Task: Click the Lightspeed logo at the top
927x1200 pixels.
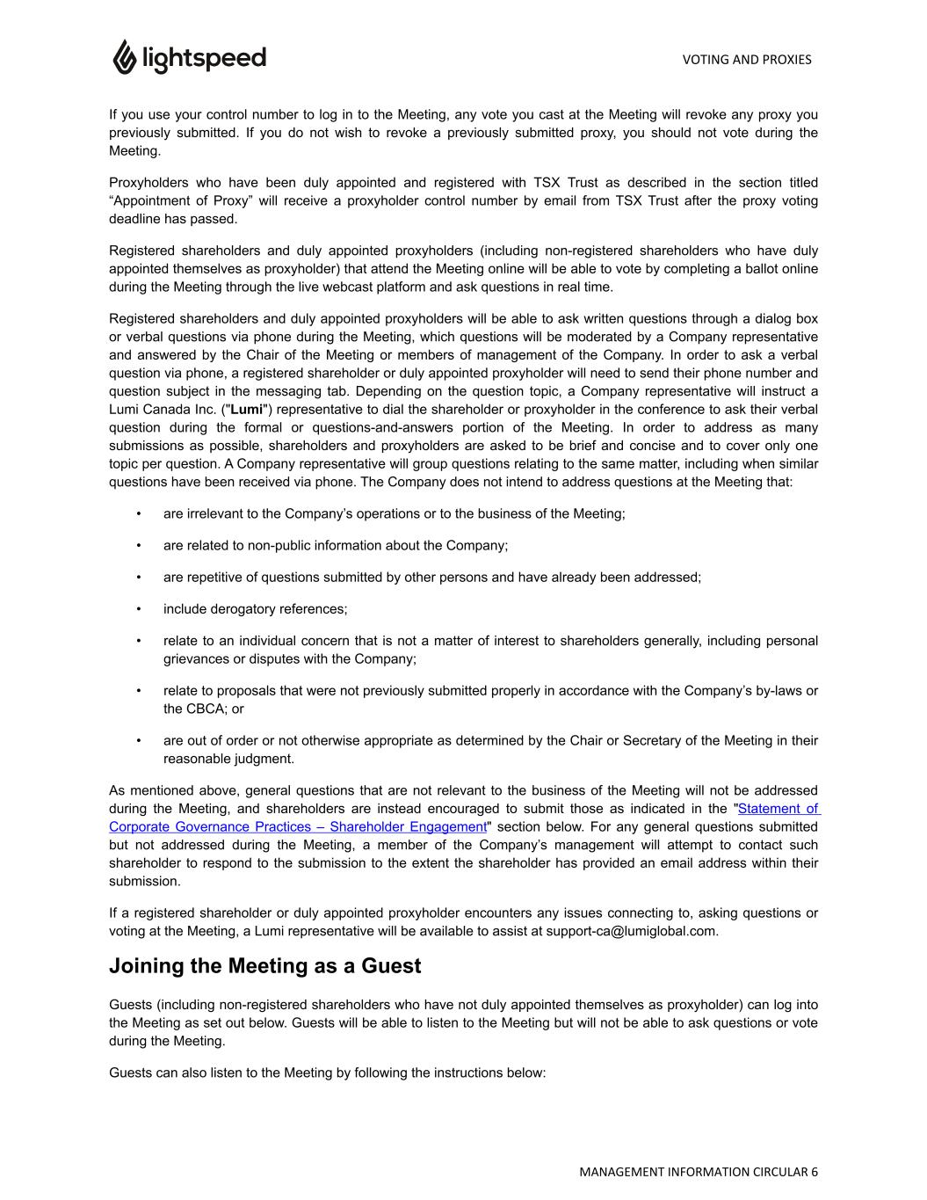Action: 189,58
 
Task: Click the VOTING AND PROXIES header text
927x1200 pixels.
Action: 746,60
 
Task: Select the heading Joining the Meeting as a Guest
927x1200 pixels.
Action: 264,965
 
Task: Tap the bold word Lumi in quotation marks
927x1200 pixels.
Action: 247,409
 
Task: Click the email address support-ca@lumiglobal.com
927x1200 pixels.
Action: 631,931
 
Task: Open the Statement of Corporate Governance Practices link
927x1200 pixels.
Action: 298,826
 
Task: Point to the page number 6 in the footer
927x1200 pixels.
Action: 815,1171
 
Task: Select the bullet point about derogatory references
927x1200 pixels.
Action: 255,608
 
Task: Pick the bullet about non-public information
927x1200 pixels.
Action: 335,545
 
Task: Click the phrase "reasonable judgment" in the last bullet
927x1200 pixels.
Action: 228,759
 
